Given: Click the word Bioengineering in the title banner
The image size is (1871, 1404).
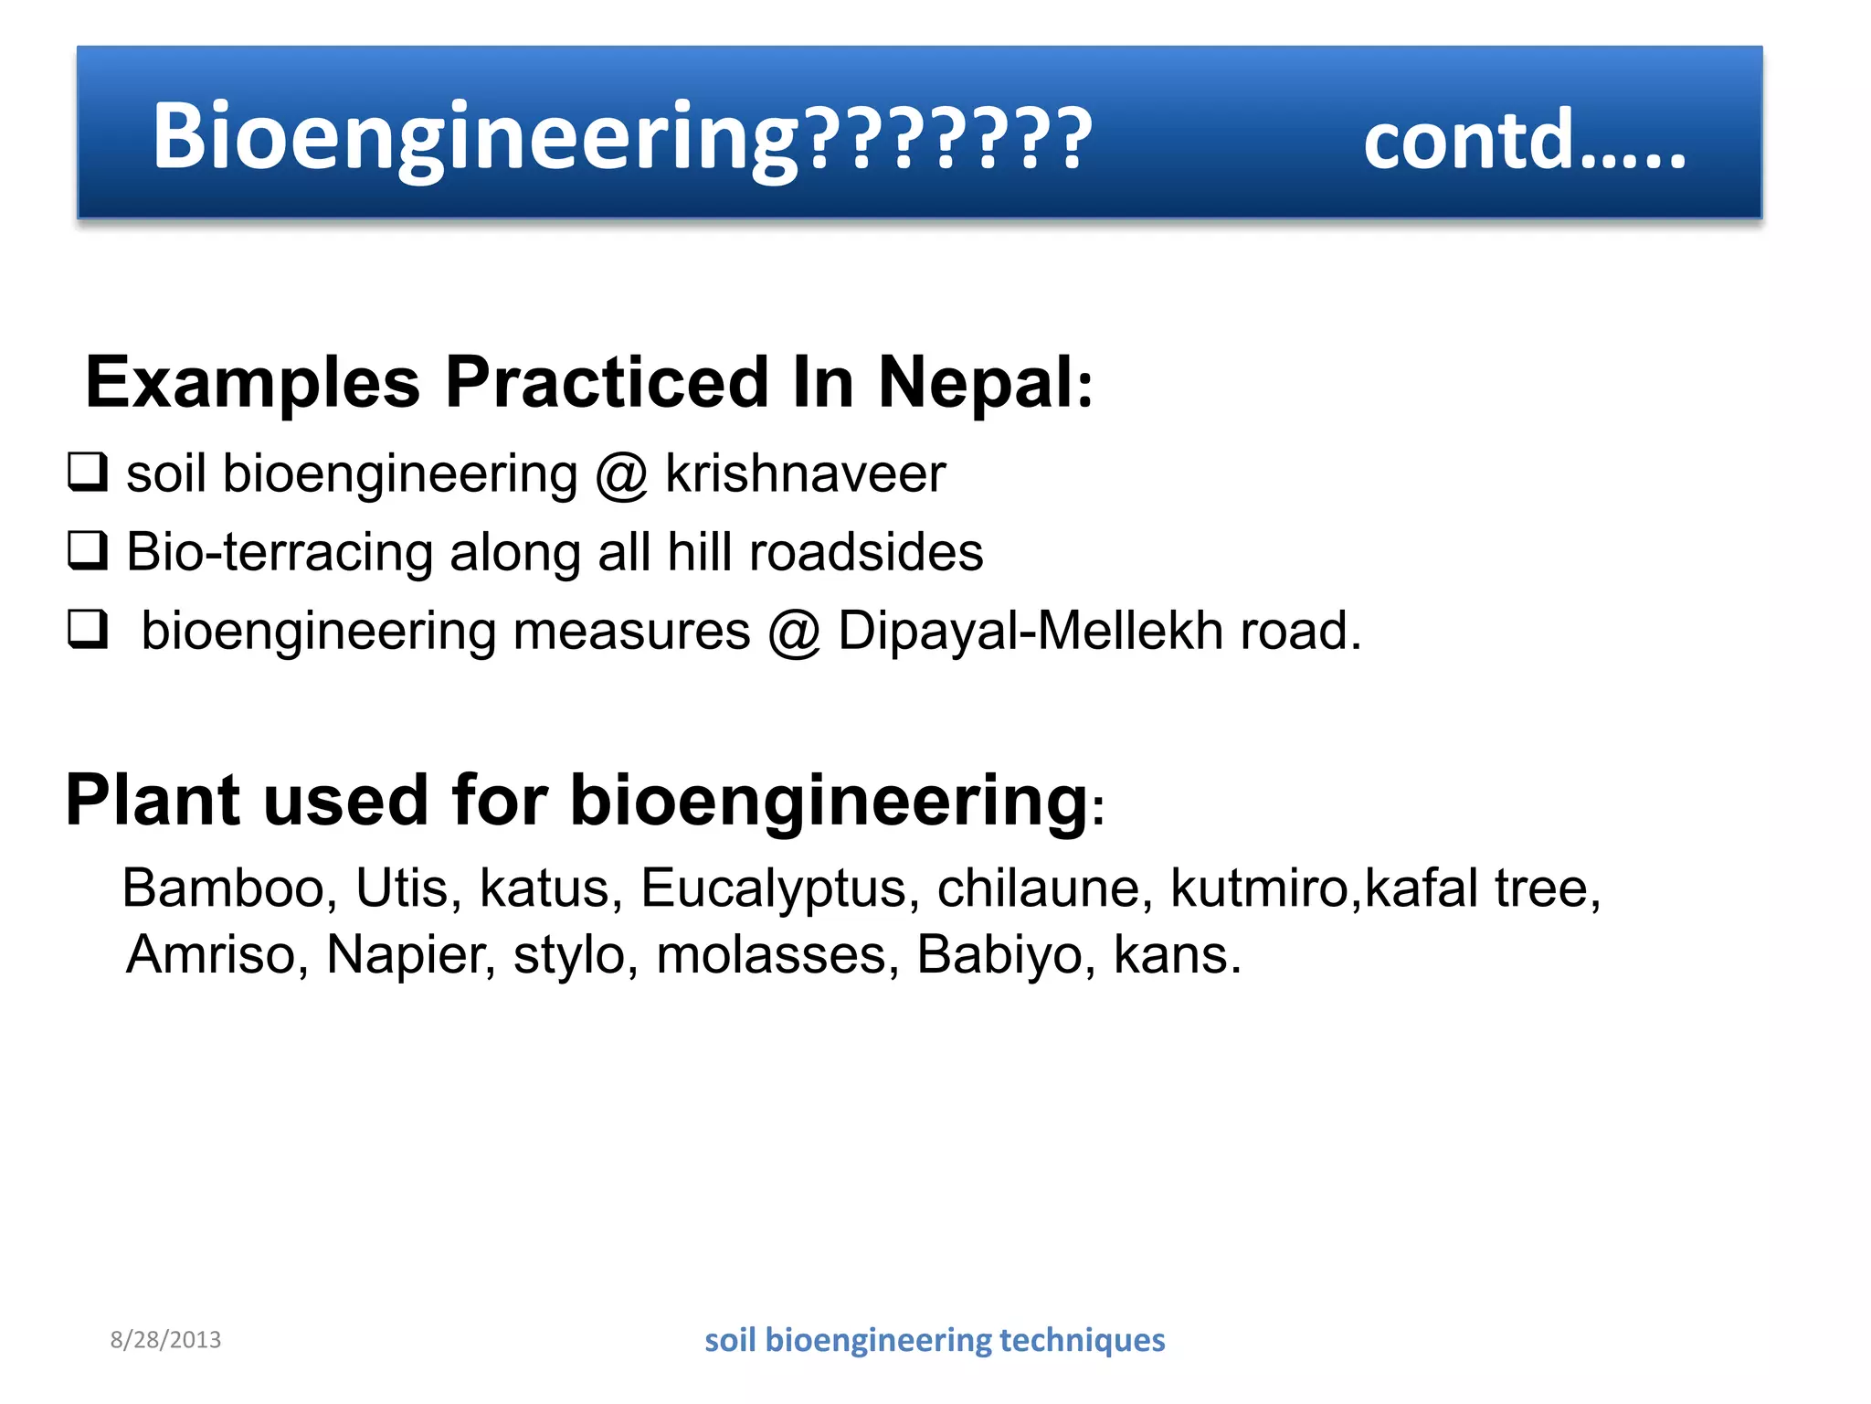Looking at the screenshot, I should pos(475,137).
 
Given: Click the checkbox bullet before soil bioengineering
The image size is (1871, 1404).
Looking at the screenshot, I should pos(88,473).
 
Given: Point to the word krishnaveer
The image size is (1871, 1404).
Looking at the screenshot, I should pos(805,473).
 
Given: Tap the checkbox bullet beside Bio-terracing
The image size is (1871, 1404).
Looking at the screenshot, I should pos(88,551).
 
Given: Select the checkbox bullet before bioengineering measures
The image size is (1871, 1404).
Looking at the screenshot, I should pos(88,630).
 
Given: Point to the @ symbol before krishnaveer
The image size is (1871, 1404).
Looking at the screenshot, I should pos(621,475).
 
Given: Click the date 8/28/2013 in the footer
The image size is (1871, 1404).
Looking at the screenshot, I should pos(165,1340).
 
